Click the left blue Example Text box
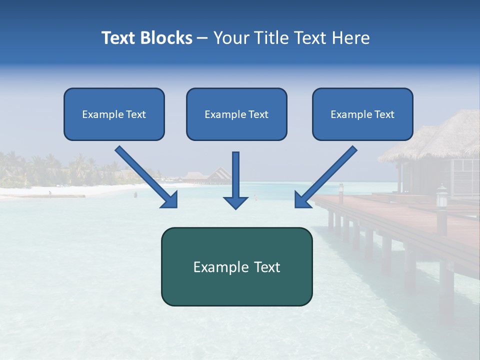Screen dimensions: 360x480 click(114, 114)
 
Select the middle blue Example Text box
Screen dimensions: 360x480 click(236, 114)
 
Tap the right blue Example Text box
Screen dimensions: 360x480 click(362, 114)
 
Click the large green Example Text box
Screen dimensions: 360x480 click(236, 266)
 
